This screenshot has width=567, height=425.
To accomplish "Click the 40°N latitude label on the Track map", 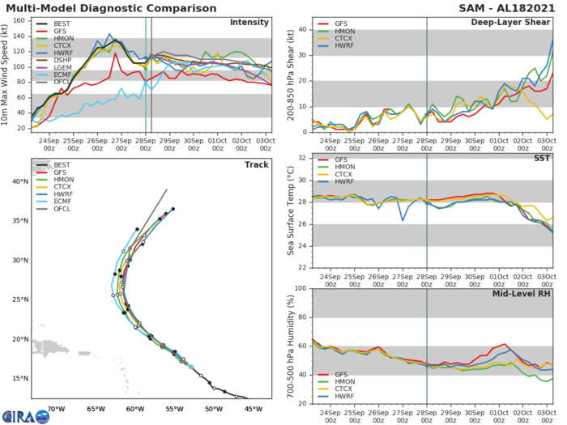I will point(19,181).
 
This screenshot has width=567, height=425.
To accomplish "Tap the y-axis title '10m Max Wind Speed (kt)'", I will point(7,74).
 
